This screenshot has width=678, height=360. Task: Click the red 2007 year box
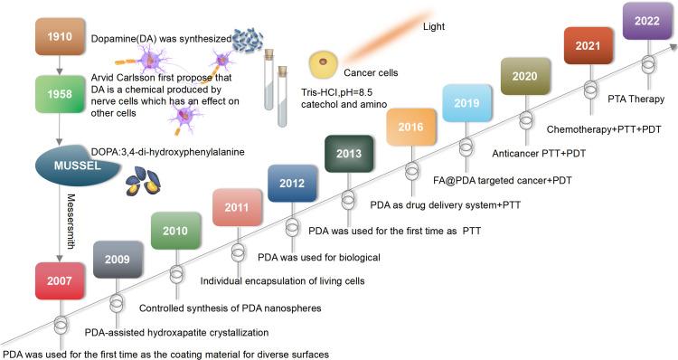[59, 280]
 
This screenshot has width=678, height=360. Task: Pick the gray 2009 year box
[117, 260]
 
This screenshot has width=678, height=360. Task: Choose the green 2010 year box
[175, 231]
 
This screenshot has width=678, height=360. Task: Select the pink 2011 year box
[236, 207]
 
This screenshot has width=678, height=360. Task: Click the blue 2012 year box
[292, 184]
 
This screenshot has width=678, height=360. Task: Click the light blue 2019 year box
[466, 102]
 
